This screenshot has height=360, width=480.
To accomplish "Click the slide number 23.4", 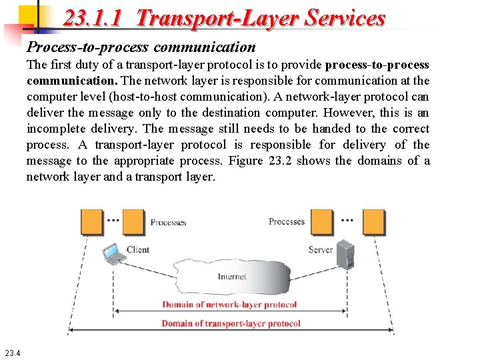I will (13, 353).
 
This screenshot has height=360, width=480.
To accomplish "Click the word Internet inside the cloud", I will (231, 276).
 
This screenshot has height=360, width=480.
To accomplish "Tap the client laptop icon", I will (113, 253).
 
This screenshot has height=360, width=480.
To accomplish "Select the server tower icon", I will (345, 254).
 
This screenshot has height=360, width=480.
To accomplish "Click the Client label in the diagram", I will (137, 249).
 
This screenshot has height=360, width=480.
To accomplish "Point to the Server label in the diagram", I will (321, 249).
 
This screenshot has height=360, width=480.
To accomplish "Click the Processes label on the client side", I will (168, 222).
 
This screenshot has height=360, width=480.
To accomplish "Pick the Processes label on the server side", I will (287, 221).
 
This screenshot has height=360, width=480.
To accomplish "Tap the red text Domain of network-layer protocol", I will (229, 305).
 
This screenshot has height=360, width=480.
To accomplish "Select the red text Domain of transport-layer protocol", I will (231, 323).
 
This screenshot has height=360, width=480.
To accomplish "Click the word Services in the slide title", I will (345, 17).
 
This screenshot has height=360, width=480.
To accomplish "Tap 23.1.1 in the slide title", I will (93, 17).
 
